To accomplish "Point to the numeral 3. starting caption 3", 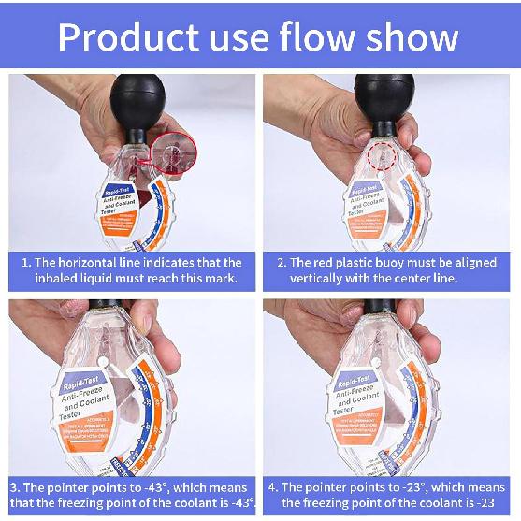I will pyautogui.click(x=16, y=487).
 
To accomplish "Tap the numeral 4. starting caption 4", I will pyautogui.click(x=272, y=487).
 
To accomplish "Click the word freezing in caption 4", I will pyautogui.click(x=346, y=504).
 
